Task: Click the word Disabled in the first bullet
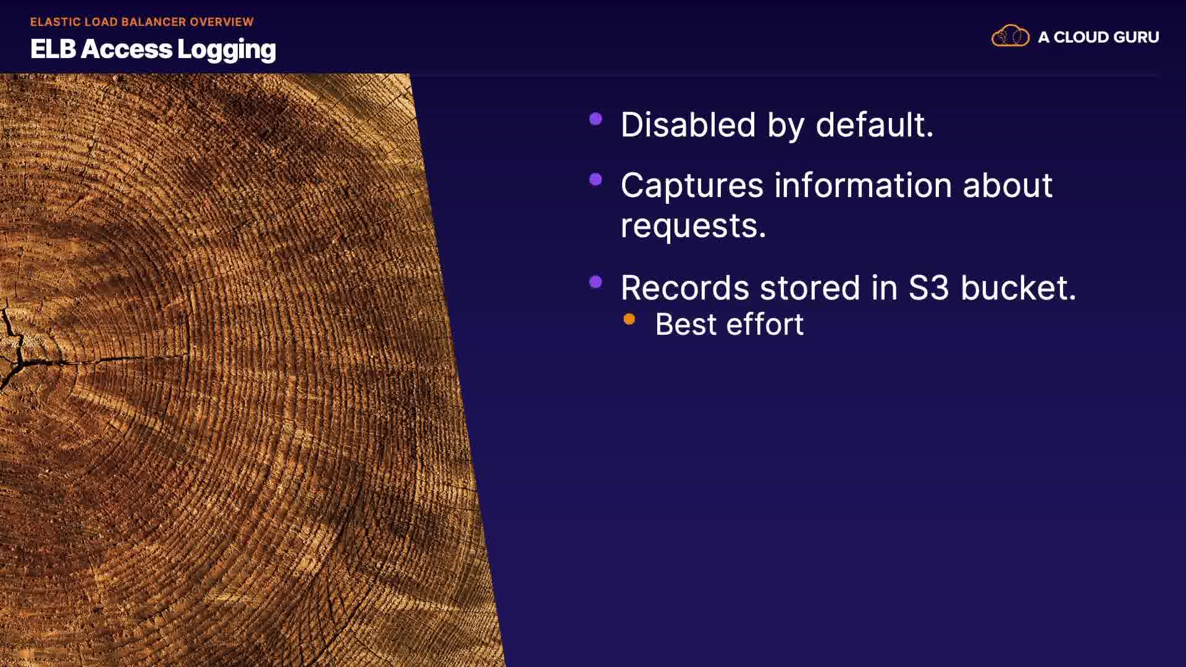point(688,125)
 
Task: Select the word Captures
point(692,187)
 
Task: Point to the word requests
point(693,227)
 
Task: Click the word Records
point(685,288)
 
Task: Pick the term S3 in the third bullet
point(928,288)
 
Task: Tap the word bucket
point(1018,288)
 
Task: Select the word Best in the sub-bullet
point(686,324)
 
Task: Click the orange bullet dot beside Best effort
point(629,319)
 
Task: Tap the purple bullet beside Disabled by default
point(596,119)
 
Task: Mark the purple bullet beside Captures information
point(596,180)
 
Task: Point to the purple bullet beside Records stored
point(596,282)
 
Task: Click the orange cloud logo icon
point(1011,36)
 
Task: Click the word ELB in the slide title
point(53,49)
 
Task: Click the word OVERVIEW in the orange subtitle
point(222,22)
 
